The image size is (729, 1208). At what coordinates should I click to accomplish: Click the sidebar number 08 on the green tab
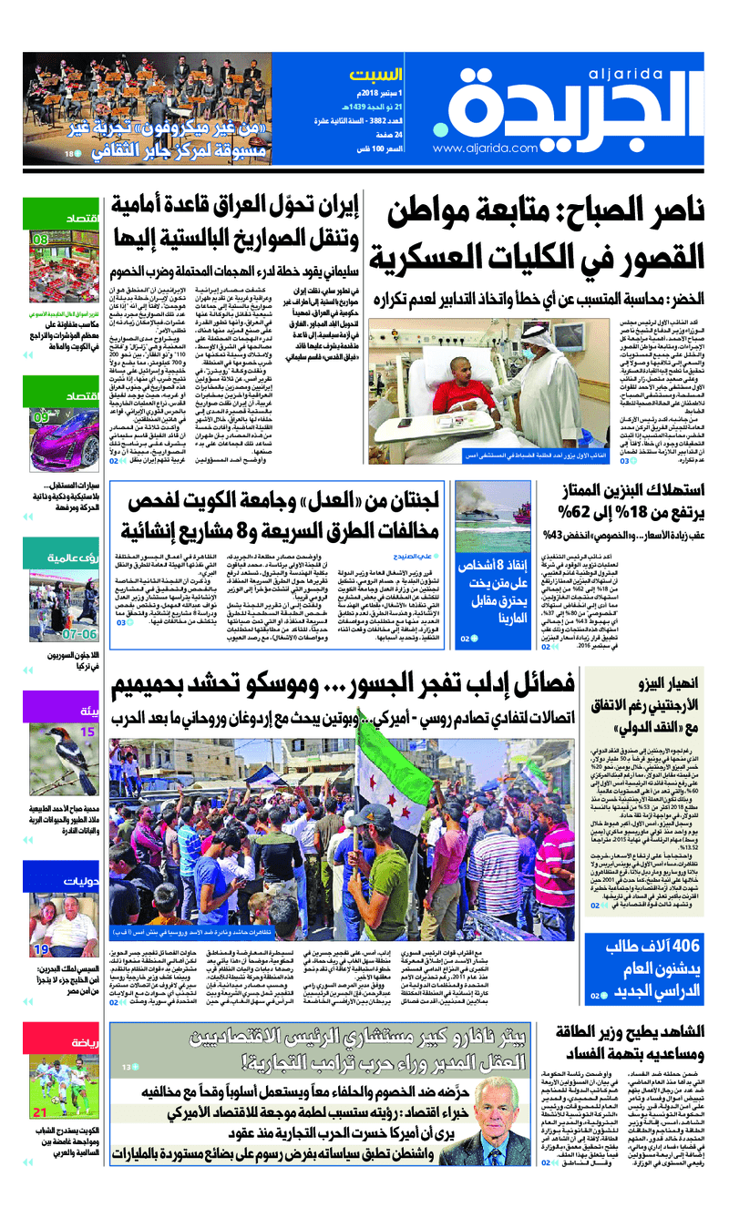pos(42,240)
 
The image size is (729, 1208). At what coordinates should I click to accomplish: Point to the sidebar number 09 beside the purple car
pos(42,418)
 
